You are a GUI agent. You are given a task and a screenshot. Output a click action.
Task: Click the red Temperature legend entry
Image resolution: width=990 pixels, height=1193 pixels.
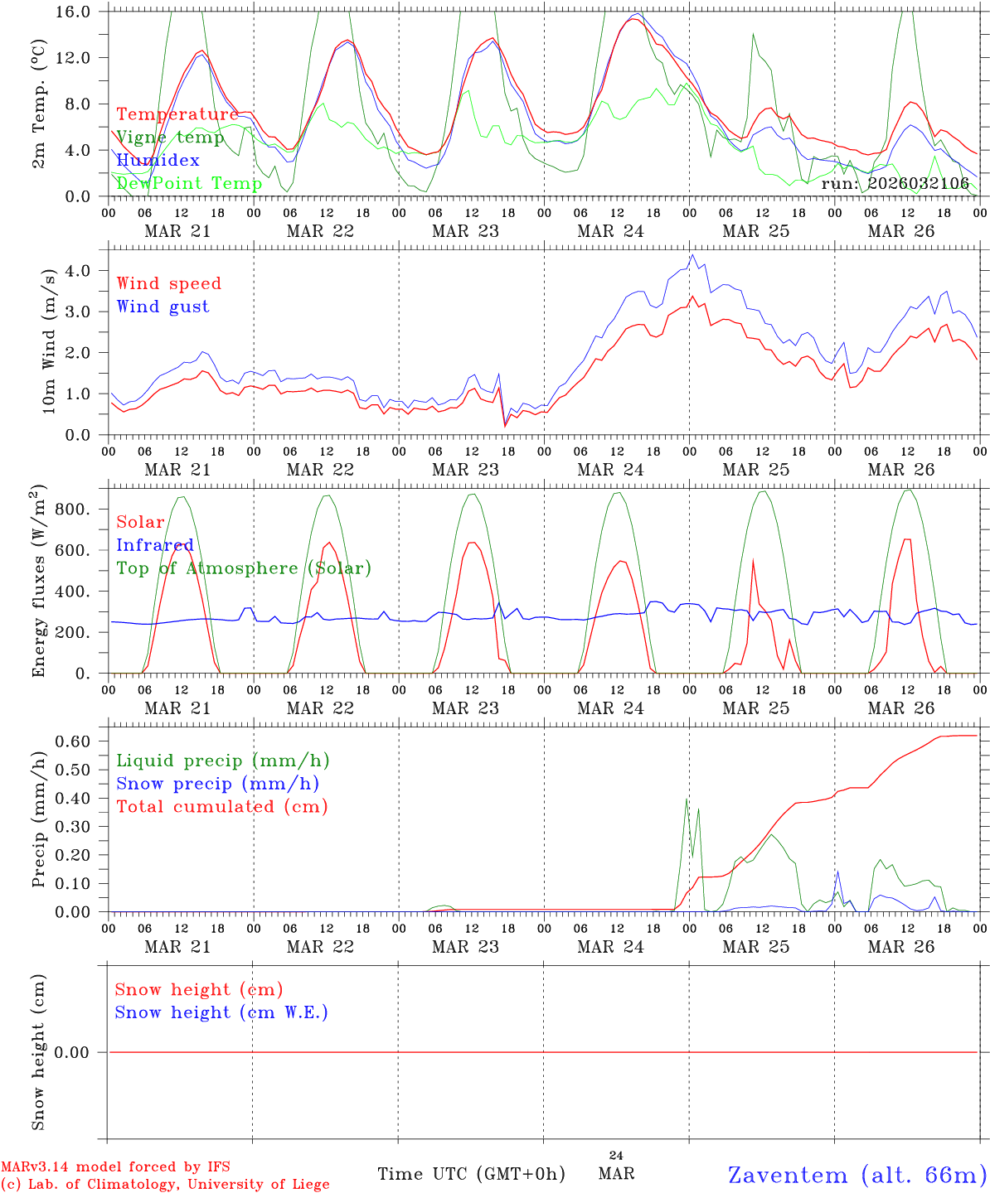coord(177,114)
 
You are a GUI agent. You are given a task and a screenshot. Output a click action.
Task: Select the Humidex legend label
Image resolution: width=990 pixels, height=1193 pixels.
coord(158,161)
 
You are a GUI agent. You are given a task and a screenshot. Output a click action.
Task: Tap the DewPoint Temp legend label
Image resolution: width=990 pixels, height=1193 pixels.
coord(189,183)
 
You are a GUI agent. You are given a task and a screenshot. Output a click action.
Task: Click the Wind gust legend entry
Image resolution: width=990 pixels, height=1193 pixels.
coord(163,307)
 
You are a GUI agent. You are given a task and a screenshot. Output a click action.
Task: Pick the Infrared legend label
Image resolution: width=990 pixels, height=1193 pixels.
coord(154,545)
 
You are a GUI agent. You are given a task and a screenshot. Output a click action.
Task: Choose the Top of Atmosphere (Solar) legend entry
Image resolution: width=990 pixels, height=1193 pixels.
coord(243,568)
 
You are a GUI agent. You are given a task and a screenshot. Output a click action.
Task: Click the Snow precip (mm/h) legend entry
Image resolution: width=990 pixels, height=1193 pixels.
coord(217,784)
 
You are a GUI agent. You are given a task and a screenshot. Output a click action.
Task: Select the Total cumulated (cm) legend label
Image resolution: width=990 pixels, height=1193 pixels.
coord(221,806)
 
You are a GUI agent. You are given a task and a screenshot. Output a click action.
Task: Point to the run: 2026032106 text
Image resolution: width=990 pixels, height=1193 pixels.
coord(895,183)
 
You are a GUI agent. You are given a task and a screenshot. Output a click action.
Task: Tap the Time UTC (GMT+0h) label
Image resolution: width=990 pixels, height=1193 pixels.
coord(471,1174)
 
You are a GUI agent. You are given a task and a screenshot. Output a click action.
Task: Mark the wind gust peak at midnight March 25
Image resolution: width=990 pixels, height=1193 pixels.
coord(692,255)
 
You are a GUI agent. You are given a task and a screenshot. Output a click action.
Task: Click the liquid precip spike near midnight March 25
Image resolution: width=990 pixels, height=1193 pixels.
coord(687,799)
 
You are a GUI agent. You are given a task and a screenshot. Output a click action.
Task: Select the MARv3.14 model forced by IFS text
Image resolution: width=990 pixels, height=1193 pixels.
coord(115,1167)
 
